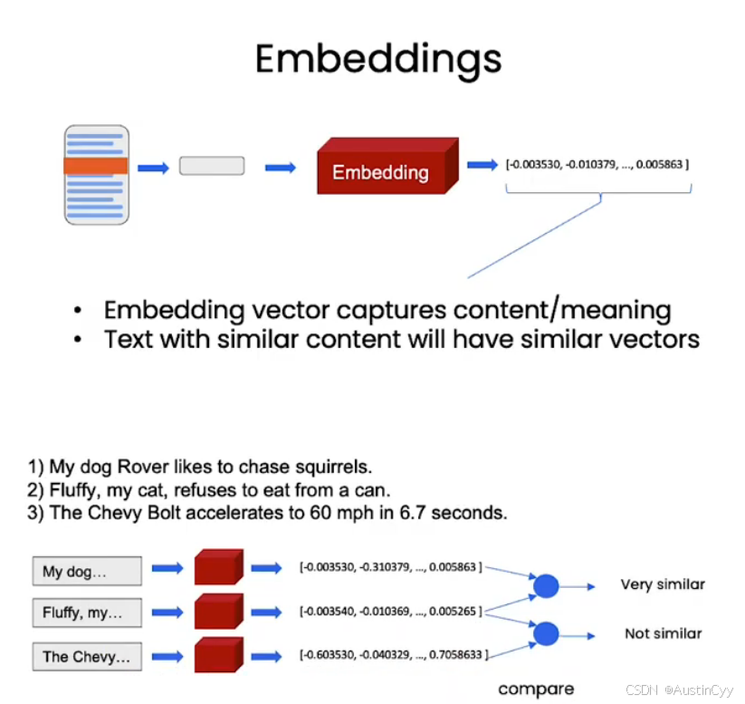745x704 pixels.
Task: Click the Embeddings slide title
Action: point(377,59)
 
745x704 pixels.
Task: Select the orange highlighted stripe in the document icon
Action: point(95,166)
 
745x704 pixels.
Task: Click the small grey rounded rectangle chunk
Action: point(212,166)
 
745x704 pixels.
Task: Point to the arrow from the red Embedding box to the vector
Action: point(481,165)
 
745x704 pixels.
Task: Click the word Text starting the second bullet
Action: point(129,339)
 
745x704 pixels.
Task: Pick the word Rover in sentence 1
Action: point(136,468)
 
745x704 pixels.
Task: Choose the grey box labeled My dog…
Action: point(87,572)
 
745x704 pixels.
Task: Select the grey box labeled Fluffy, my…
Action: point(87,613)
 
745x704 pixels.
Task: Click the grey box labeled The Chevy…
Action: point(87,657)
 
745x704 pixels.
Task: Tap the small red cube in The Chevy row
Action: point(218,656)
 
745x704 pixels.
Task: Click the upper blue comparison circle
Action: point(546,586)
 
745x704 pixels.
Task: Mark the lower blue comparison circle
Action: point(546,633)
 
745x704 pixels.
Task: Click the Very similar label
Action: point(662,584)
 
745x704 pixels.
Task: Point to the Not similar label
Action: point(663,633)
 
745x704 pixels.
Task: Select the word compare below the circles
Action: point(536,690)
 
